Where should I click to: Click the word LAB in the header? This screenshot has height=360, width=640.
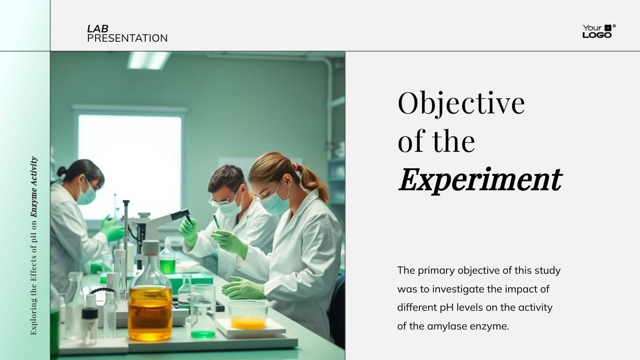point(97,29)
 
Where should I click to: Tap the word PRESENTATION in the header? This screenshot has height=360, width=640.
point(127,38)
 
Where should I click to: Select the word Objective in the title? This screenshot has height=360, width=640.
point(461,103)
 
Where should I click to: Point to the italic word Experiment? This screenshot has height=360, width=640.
point(480,180)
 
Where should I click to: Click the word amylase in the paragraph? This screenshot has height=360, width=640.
point(450,326)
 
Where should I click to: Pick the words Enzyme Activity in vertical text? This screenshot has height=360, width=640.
point(34,187)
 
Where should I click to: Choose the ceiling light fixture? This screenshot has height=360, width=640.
point(148,60)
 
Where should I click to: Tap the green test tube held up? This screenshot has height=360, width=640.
point(216,222)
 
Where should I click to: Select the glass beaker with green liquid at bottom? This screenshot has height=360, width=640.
point(203,312)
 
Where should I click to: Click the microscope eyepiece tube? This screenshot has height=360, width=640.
point(180,215)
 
